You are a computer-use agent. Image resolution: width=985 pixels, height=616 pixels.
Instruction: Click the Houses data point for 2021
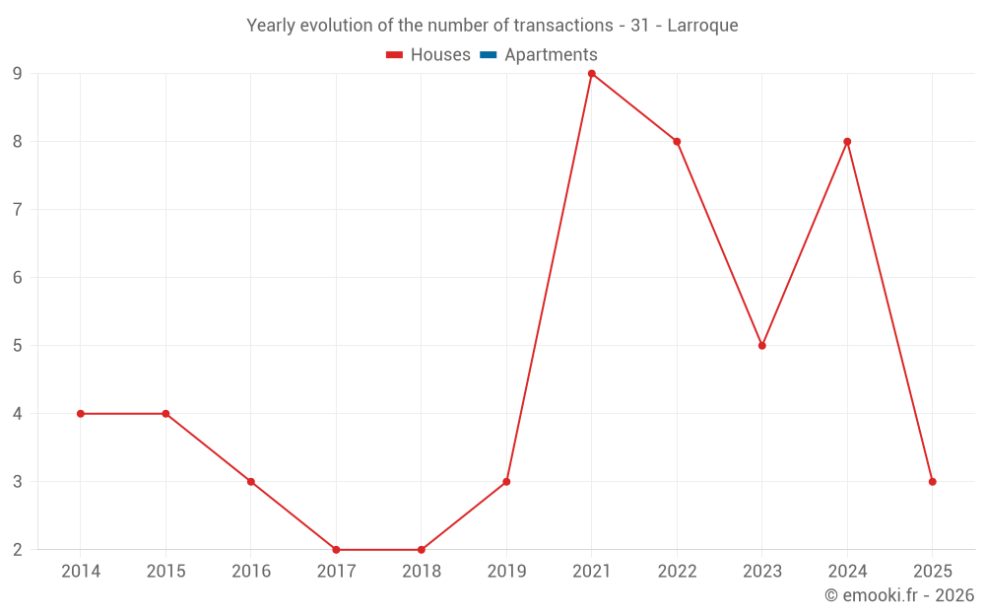pyautogui.click(x=591, y=74)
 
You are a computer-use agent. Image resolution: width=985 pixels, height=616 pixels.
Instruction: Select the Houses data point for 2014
pyautogui.click(x=81, y=414)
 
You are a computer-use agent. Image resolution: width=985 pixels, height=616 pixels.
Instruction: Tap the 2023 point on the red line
pyautogui.click(x=762, y=346)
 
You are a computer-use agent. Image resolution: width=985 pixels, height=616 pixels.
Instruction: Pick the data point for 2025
pyautogui.click(x=932, y=482)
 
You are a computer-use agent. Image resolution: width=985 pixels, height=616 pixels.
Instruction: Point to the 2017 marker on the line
pyautogui.click(x=336, y=550)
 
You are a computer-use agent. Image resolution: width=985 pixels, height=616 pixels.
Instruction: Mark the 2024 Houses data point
pyautogui.click(x=847, y=142)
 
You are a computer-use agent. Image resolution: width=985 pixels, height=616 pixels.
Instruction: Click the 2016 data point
pyautogui.click(x=251, y=482)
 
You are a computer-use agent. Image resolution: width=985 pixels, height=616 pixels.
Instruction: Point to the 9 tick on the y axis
pyautogui.click(x=18, y=74)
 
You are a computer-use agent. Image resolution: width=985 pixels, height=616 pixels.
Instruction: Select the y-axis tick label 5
pyautogui.click(x=18, y=346)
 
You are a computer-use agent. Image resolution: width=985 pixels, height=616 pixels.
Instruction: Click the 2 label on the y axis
pyautogui.click(x=18, y=550)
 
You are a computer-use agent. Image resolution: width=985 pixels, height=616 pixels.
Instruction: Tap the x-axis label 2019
pyautogui.click(x=506, y=572)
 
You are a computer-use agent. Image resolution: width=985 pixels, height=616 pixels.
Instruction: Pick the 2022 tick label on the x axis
pyautogui.click(x=677, y=572)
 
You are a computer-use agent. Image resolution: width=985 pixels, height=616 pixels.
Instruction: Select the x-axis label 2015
pyautogui.click(x=165, y=572)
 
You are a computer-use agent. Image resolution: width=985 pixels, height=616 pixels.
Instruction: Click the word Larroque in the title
pyautogui.click(x=702, y=26)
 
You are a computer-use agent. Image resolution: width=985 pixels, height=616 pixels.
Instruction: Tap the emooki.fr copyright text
pyautogui.click(x=899, y=595)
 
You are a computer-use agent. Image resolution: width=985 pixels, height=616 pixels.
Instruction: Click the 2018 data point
pyautogui.click(x=422, y=550)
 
